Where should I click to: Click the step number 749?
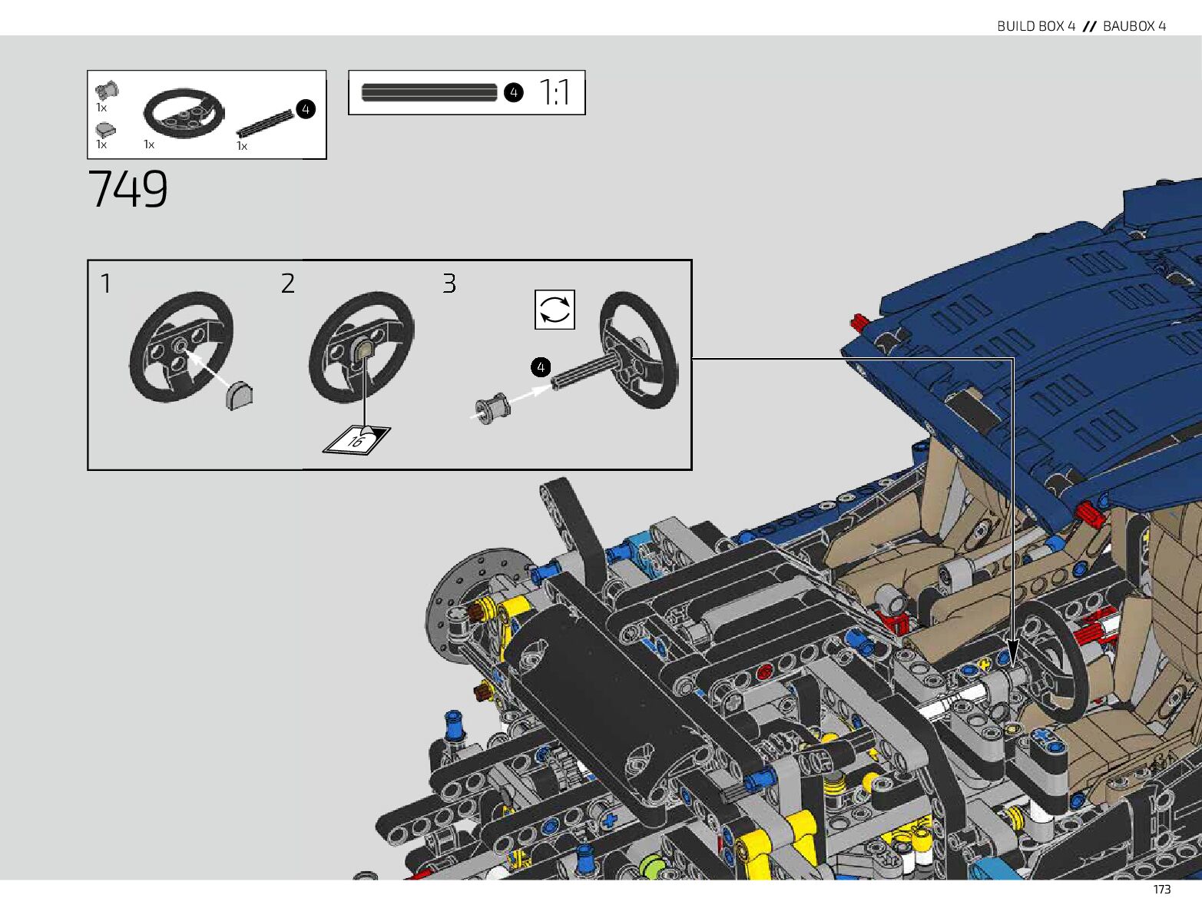tap(127, 189)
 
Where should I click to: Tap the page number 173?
tap(1161, 890)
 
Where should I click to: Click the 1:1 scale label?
tap(555, 93)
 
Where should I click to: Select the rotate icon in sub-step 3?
tap(555, 310)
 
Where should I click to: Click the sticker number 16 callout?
tap(356, 440)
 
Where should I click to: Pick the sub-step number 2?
tap(287, 284)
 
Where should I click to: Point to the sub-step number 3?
tap(449, 284)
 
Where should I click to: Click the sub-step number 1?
tap(106, 284)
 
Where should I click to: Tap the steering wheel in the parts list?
tap(184, 113)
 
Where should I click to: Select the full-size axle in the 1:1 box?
tap(429, 93)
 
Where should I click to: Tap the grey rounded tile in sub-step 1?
tap(240, 395)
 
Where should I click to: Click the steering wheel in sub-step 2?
tap(361, 346)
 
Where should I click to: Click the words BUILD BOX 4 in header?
tap(1035, 26)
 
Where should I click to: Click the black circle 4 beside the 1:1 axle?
tap(513, 93)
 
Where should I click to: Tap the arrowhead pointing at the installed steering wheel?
tap(1012, 658)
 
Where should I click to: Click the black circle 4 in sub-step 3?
tap(541, 367)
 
